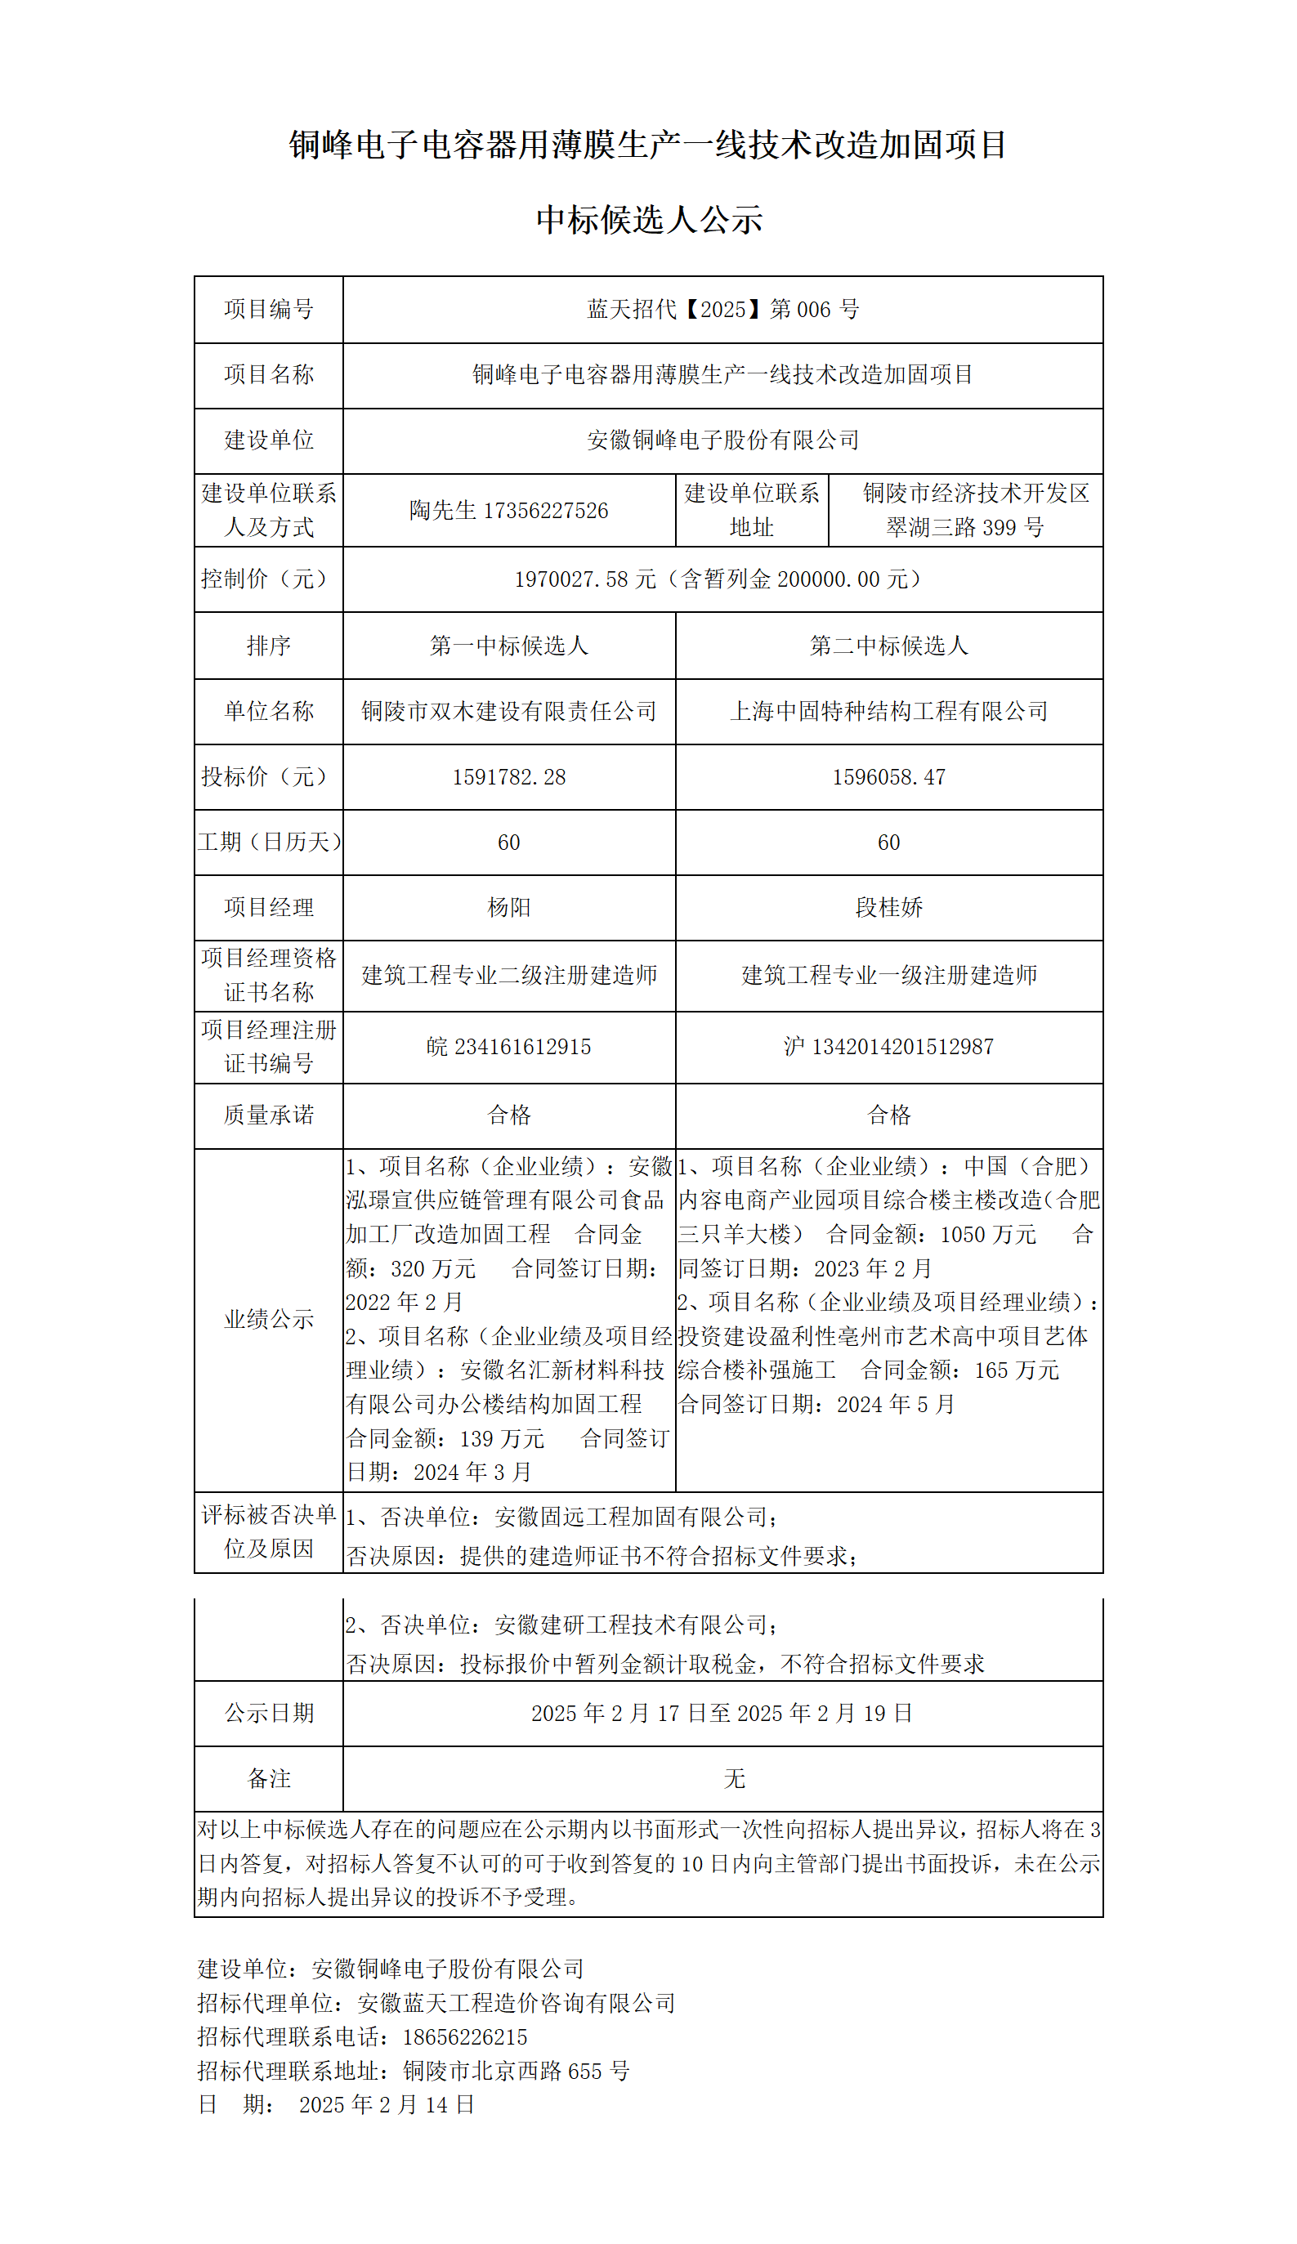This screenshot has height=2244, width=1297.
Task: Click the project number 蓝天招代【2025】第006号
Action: coord(722,309)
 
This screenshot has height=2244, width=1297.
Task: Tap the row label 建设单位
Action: coord(268,440)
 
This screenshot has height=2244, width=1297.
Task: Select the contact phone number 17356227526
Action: coord(545,510)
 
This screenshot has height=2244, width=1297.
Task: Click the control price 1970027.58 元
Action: coord(584,579)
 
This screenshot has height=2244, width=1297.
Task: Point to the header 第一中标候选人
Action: coord(508,646)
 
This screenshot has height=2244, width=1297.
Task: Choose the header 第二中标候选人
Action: coord(888,646)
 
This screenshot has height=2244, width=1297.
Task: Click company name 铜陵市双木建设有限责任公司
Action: coord(508,711)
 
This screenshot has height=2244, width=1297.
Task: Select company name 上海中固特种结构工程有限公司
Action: coord(888,711)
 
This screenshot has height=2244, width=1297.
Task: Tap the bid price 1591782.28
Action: coord(508,776)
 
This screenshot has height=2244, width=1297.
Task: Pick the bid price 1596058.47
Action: coord(888,776)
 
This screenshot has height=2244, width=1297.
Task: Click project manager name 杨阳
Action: coord(508,907)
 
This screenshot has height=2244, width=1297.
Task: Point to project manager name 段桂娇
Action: coord(888,907)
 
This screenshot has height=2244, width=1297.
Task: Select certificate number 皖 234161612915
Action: coord(508,1046)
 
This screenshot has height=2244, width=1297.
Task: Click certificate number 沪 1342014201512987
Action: coord(888,1046)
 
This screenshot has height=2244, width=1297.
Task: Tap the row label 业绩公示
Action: coord(268,1319)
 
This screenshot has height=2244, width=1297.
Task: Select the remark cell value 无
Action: coord(734,1778)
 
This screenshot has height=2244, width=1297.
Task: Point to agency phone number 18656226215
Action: coord(464,2036)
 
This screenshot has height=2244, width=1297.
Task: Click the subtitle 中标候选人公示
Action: coord(649,219)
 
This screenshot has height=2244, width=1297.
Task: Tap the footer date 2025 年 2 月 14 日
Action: coord(387,2104)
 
